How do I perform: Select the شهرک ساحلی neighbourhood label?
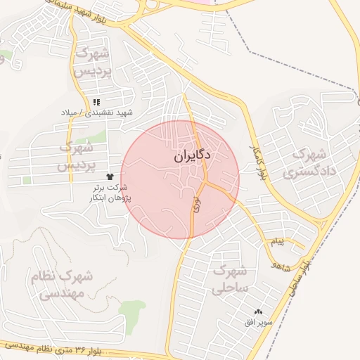230,278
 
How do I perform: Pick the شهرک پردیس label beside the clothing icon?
77,157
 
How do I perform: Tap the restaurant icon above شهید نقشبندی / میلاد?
97,103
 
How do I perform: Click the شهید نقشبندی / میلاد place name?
97,112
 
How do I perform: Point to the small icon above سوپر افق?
258,311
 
